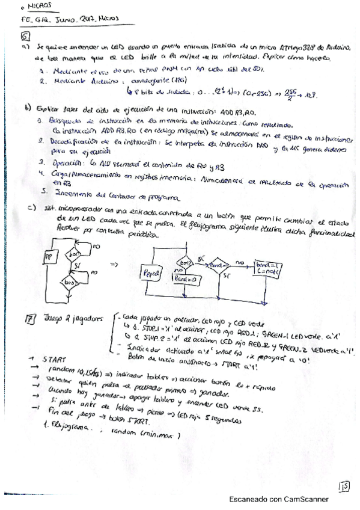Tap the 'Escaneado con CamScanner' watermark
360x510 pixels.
tap(278, 499)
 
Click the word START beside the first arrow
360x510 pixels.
tap(55, 359)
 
